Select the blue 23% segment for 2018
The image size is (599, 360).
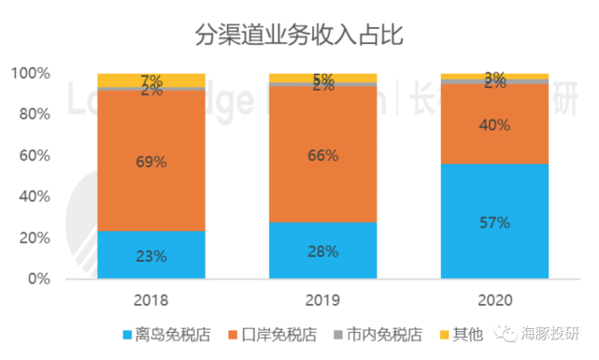pos(150,254)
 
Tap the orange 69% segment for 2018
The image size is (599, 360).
pos(150,161)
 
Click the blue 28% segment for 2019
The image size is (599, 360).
pos(322,250)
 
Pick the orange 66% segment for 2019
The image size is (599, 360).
pos(322,154)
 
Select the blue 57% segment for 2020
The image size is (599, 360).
pos(494,222)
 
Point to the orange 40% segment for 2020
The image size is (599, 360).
pos(494,124)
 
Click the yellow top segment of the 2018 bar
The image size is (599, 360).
pos(150,79)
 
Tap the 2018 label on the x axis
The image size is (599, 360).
pos(150,300)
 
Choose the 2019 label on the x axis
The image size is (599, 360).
pos(322,300)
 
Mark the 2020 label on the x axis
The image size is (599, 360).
pos(494,300)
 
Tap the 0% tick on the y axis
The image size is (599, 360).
pos(38,279)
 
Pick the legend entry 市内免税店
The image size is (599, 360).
pos(384,335)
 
